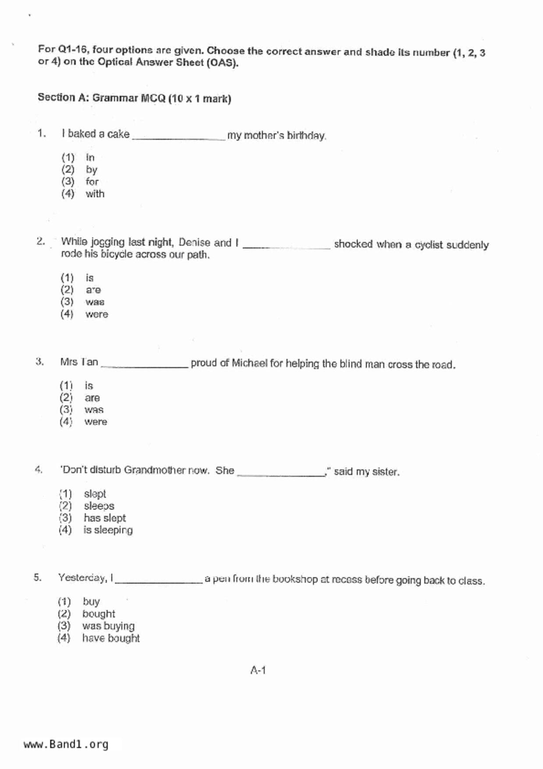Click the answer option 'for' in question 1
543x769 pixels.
click(92, 182)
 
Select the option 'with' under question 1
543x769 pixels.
click(95, 194)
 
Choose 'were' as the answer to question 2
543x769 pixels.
click(96, 314)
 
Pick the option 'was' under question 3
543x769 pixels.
click(94, 410)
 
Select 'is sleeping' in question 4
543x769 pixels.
click(108, 530)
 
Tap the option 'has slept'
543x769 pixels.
click(104, 518)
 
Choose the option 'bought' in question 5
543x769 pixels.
click(99, 614)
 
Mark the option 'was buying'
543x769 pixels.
click(108, 626)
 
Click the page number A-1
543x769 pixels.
click(258, 670)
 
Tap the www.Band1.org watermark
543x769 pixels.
click(66, 744)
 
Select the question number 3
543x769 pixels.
click(39, 362)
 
